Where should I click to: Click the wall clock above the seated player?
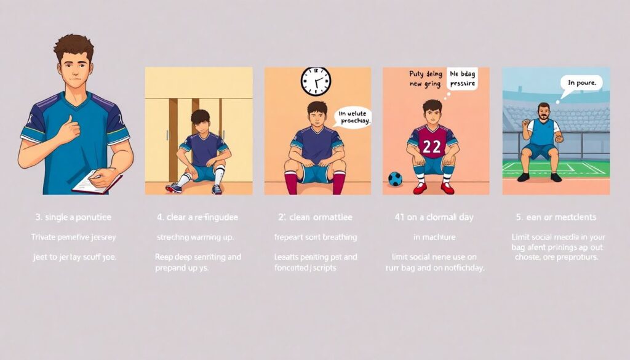point(316,81)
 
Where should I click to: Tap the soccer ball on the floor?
point(395,179)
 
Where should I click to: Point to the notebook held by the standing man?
point(96,182)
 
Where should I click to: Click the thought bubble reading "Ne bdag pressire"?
point(462,78)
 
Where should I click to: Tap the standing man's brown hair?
point(73,46)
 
